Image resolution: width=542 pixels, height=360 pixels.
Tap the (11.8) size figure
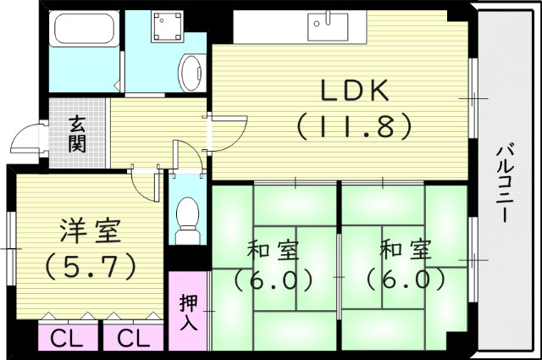[x=354, y=126]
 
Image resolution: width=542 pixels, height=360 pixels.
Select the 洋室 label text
[x=88, y=230]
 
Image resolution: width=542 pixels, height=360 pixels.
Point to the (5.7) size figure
[x=88, y=266]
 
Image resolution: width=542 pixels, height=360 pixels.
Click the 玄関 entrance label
[x=77, y=134]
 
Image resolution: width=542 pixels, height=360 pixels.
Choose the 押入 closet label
[x=188, y=311]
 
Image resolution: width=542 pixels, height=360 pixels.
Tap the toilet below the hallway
[x=186, y=219]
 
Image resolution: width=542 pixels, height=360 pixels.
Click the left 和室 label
[x=271, y=252]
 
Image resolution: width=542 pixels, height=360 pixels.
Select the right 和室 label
[x=405, y=252]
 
